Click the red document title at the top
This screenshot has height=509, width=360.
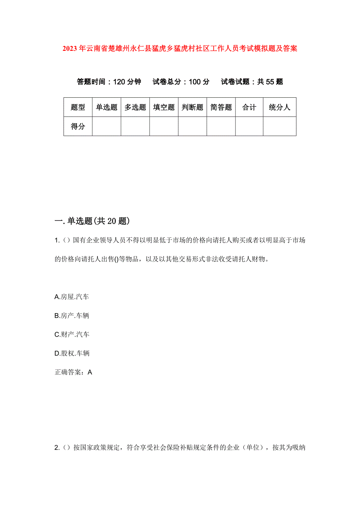click(x=180, y=49)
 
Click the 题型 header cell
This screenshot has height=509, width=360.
click(x=78, y=108)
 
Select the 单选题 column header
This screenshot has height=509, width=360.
click(x=106, y=108)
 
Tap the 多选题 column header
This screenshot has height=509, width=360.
click(x=135, y=108)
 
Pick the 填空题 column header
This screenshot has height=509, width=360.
click(x=164, y=108)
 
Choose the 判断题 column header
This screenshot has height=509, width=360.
click(x=192, y=108)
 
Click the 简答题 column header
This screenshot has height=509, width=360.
click(x=221, y=108)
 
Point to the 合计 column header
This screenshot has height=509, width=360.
click(x=249, y=108)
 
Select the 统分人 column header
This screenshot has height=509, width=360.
click(x=279, y=108)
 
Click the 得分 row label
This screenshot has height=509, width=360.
click(x=78, y=126)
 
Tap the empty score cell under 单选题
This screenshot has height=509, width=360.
click(x=106, y=126)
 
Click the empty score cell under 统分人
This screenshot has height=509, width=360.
click(x=279, y=126)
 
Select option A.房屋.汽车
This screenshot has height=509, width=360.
click(x=72, y=297)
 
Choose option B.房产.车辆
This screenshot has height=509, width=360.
click(x=72, y=316)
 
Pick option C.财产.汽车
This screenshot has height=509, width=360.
click(x=72, y=335)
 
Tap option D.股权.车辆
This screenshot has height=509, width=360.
click(x=72, y=353)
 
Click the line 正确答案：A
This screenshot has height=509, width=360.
click(x=74, y=372)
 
